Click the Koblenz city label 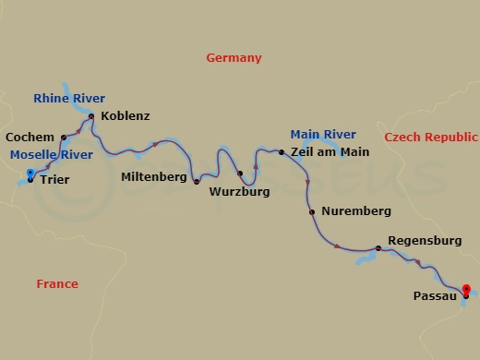pos(126,116)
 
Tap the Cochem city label pos(30,138)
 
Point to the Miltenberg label pos(154,175)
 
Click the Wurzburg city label pos(239,192)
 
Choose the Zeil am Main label pos(330,151)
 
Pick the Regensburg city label pos(425,241)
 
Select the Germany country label pos(234,58)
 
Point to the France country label pos(57,284)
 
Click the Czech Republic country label pos(431,138)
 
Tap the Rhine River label pos(69,98)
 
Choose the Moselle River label pos(52,155)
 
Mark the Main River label pos(323,135)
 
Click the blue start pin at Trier pos(30,174)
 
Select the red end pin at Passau pos(466,290)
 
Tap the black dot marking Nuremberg pos(312,212)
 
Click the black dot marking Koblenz pos(91,116)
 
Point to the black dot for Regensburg pos(378,247)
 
